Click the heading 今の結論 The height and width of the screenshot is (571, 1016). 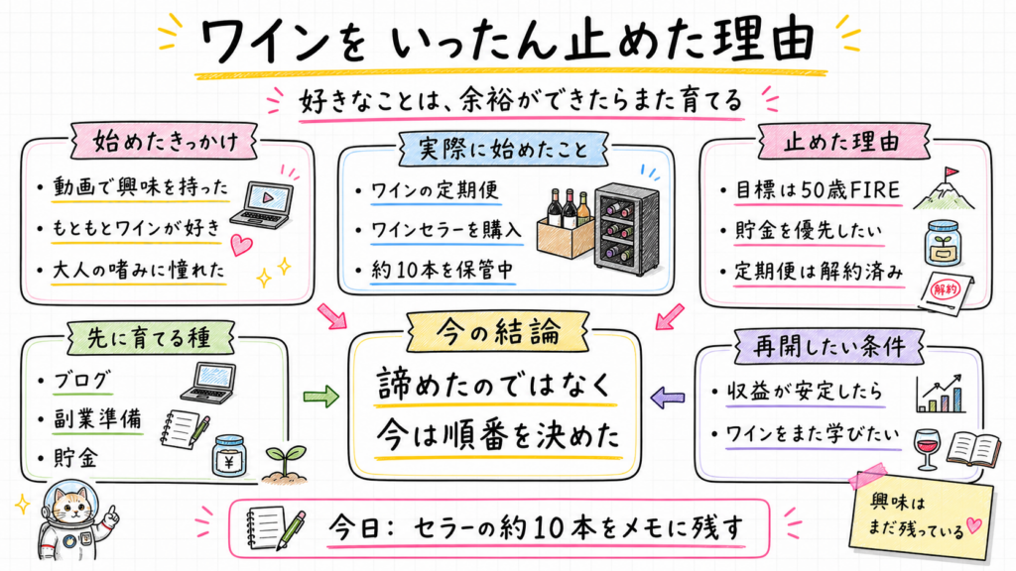coord(498,333)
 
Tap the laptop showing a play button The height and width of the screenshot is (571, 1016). coord(262,204)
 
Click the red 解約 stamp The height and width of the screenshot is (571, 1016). coord(946,288)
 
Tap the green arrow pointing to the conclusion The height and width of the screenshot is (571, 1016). coord(321,396)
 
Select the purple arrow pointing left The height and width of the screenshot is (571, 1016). coord(668,397)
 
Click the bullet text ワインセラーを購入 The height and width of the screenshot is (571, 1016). coord(445,229)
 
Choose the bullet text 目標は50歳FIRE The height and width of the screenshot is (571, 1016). coord(818,190)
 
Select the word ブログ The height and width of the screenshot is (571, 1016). coord(82,380)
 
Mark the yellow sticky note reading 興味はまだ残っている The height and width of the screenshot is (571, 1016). coord(922,515)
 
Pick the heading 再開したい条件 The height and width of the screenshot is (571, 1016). coord(828,346)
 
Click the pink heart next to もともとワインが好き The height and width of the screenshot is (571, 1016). coord(241,245)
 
